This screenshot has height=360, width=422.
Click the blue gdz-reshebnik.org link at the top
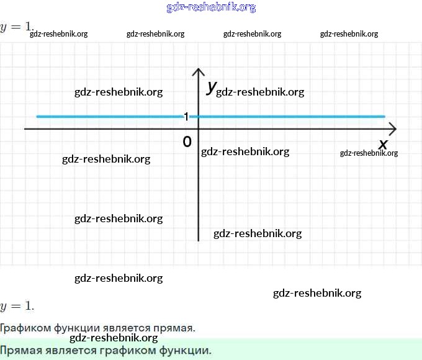211,7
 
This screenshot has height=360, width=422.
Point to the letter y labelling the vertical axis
211,87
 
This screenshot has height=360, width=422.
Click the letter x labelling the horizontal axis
383,144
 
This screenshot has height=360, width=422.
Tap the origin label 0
187,142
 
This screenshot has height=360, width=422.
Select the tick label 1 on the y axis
186,117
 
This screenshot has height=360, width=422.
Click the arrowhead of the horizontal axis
393,129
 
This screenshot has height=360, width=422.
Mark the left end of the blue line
38,116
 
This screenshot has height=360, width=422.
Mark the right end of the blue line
384,116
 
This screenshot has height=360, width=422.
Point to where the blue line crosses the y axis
198,116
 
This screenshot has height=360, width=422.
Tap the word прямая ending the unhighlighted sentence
176,328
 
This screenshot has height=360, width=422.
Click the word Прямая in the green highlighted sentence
21,350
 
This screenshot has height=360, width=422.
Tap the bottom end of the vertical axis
198,240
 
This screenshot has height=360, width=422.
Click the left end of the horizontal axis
25,129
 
